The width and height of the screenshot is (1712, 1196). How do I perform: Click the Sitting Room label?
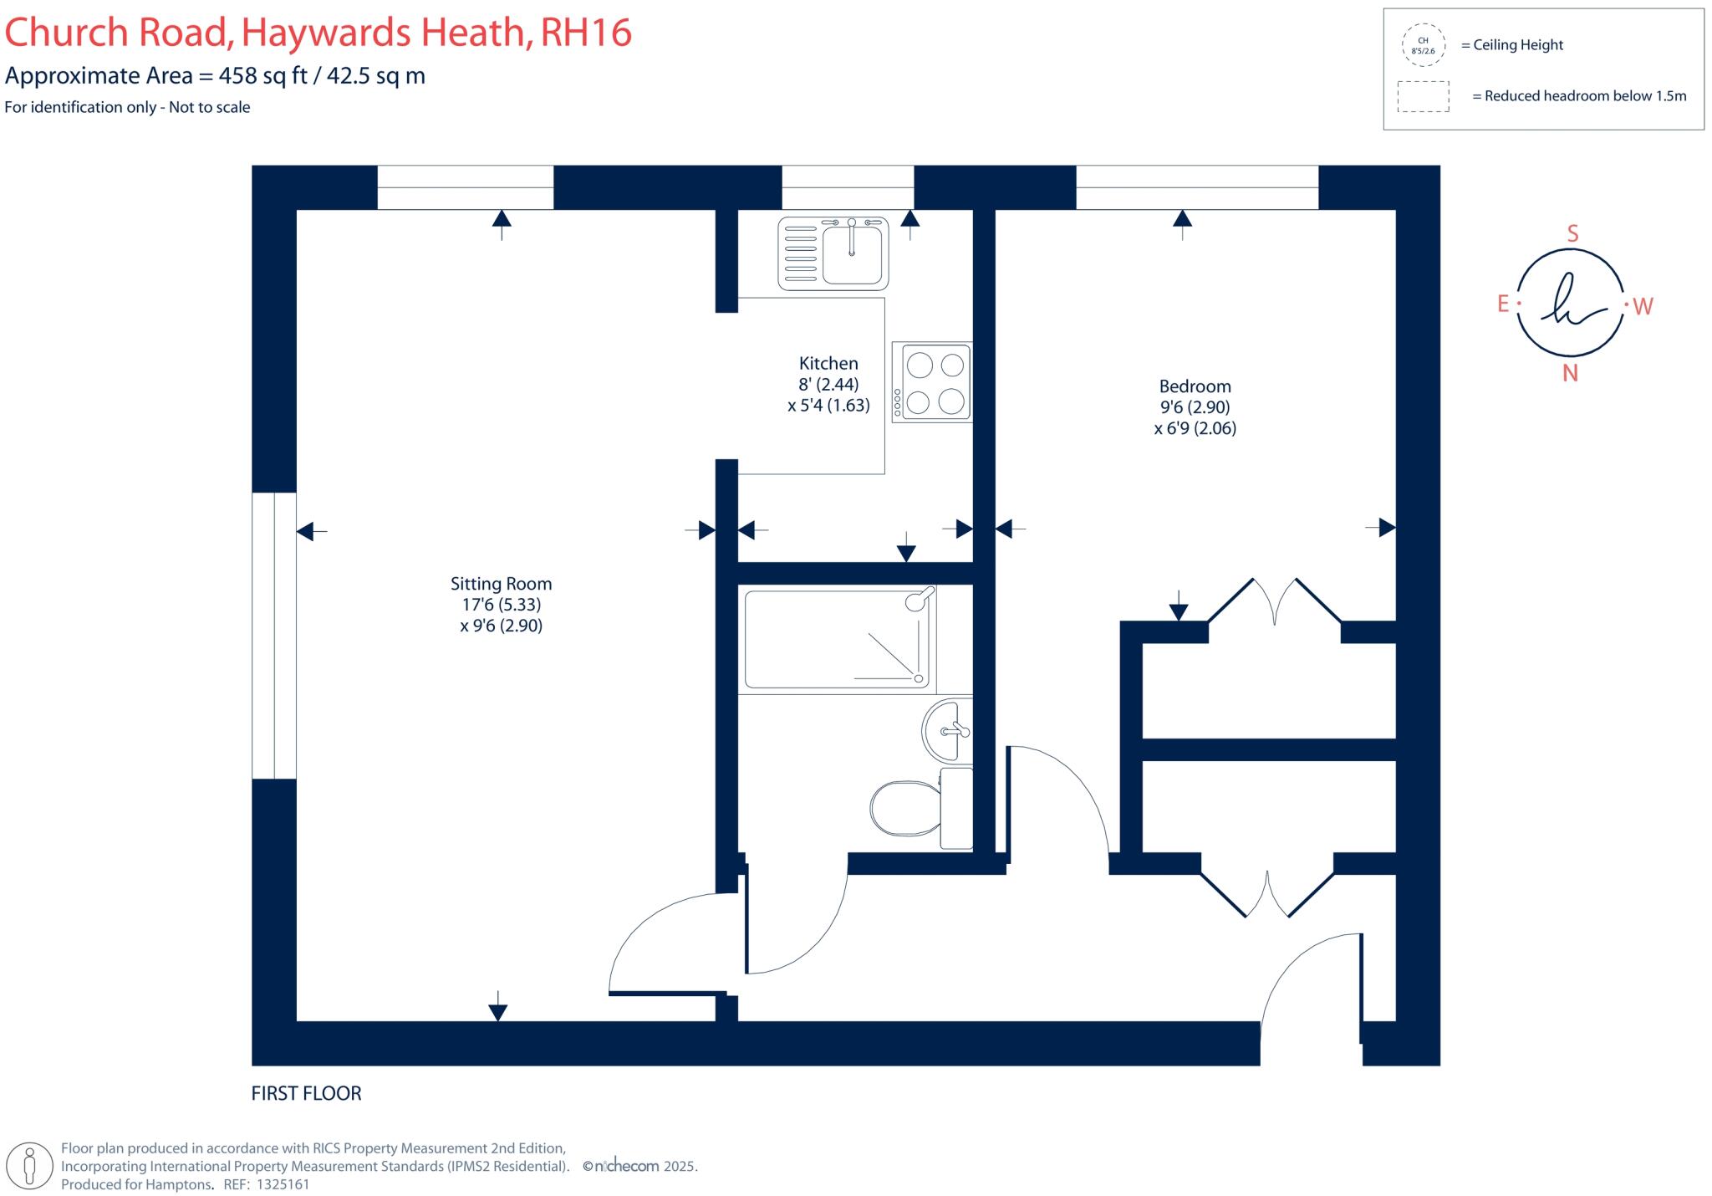coord(501,584)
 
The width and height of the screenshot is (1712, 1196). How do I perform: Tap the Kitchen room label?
coord(828,363)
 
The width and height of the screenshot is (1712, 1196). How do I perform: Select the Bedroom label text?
coord(1195,386)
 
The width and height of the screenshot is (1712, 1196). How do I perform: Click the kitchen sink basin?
coord(851,254)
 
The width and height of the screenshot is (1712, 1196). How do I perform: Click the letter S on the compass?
coord(1572,234)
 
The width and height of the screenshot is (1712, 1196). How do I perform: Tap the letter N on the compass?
coord(1570,374)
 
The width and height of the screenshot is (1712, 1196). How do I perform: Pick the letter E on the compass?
coord(1503,304)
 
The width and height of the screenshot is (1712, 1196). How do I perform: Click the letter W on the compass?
coord(1643,307)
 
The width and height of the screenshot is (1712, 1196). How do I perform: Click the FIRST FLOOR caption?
coord(306,1093)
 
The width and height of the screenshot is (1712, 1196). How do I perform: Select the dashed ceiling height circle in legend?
coord(1423,45)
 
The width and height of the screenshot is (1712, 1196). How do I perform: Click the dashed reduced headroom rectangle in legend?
coord(1423,96)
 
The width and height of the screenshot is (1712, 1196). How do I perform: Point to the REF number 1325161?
coord(283,1184)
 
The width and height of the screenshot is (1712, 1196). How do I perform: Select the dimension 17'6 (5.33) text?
coord(501,605)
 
